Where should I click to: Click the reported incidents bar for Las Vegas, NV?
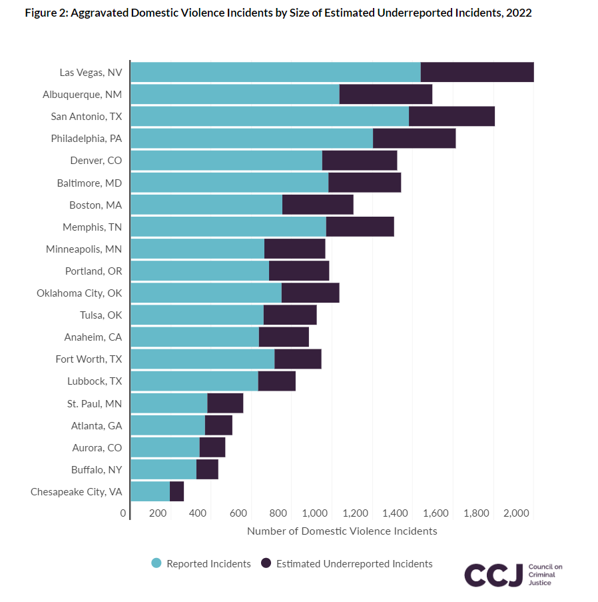[275, 72]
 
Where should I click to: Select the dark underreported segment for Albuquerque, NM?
[386, 94]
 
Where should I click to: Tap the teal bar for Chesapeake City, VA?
[150, 491]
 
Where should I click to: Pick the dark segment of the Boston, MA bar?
[318, 205]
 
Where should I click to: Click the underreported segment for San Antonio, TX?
[451, 116]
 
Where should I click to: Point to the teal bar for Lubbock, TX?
[194, 381]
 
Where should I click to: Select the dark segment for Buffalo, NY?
[207, 469]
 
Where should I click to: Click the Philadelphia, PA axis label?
[87, 139]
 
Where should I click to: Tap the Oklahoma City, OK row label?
[79, 293]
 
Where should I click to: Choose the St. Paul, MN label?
[95, 403]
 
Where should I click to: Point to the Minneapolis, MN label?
[84, 249]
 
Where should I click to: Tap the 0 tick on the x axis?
[123, 513]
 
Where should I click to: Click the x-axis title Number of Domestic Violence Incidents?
[342, 531]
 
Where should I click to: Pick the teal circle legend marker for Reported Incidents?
[156, 563]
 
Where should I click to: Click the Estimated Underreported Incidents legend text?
[354, 564]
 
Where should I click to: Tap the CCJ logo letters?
[493, 575]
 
